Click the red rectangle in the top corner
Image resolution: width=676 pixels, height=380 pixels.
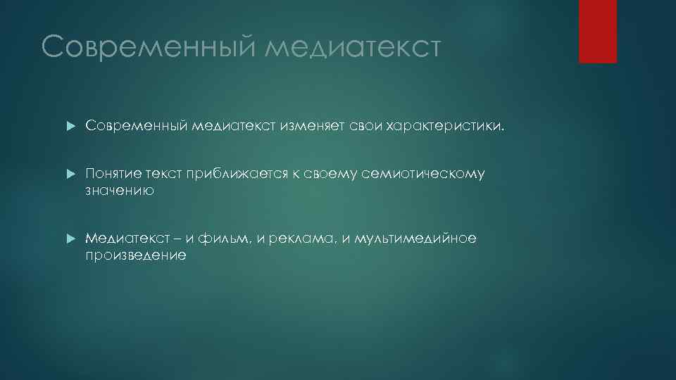pos(597,31)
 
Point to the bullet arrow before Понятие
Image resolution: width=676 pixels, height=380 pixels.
pos(69,174)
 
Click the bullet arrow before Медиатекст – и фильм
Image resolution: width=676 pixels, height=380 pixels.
pos(69,239)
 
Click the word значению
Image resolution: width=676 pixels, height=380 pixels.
pos(120,191)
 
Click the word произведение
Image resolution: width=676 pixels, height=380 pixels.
pos(136,255)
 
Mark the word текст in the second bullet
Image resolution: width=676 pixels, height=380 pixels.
pos(164,174)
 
